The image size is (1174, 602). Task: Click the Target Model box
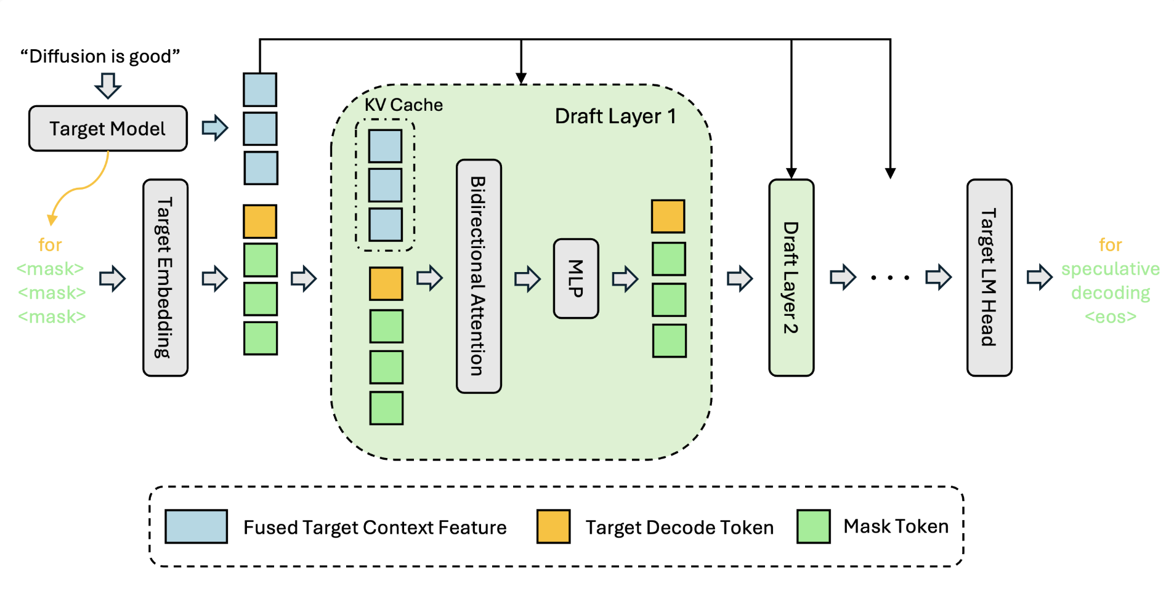click(x=108, y=129)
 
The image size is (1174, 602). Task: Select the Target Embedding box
click(x=165, y=278)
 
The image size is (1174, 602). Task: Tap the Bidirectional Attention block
click(x=479, y=276)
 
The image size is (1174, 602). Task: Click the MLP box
click(x=576, y=279)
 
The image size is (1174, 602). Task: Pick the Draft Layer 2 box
click(x=791, y=278)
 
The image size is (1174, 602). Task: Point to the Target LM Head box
click(x=989, y=278)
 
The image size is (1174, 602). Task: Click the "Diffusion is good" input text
click(x=100, y=57)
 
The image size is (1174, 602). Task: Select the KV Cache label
click(x=403, y=105)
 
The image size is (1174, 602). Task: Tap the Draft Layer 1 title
click(x=615, y=116)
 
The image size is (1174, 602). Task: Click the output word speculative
click(x=1110, y=269)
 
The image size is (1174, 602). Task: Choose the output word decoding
click(x=1110, y=293)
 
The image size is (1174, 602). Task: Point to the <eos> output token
click(x=1110, y=317)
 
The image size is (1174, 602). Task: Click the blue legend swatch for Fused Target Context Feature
click(x=196, y=526)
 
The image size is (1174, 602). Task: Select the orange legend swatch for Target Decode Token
click(x=553, y=526)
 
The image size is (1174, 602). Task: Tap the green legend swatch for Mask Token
click(x=813, y=526)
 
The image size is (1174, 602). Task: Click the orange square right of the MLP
click(x=668, y=217)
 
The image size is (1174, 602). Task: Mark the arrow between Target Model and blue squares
click(x=215, y=128)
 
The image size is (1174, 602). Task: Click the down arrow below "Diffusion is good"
click(x=108, y=86)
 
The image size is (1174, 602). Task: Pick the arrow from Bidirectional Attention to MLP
click(x=527, y=279)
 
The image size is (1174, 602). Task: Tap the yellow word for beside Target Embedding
click(x=50, y=245)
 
